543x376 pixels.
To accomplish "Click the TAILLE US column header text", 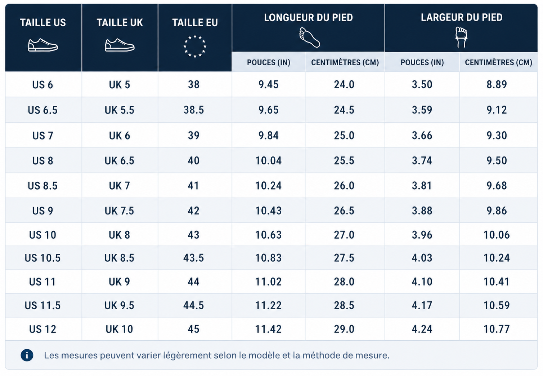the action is coord(43,23).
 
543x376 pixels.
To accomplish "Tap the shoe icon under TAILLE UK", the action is coord(120,45).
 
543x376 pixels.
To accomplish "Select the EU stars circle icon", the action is coord(195,47).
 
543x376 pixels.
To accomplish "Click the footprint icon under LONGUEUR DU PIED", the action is coord(310,37).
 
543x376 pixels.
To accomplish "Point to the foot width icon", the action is coord(461,37).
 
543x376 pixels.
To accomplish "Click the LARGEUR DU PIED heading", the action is coord(462,17).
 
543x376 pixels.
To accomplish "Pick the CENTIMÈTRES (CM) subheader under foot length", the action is coord(345,62).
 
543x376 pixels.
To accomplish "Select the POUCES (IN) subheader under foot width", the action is coord(422,62).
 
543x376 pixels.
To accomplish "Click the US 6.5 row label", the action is coord(42,110).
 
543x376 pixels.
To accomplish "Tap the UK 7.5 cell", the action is coord(119,211).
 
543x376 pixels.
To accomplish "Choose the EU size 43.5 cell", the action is coord(193,258).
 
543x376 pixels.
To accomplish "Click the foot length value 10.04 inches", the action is coord(268,160).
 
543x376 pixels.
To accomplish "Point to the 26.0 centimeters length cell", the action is coord(344,186).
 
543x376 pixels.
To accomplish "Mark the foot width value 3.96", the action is coord(422,235).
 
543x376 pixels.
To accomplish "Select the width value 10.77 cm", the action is coord(497,329).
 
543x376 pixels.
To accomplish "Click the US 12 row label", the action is coord(42,329).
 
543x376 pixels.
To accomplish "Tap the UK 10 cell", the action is coord(119,329).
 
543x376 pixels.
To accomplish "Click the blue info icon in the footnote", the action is coord(27,355).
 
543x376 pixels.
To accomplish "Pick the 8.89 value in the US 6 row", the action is coord(497,84).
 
